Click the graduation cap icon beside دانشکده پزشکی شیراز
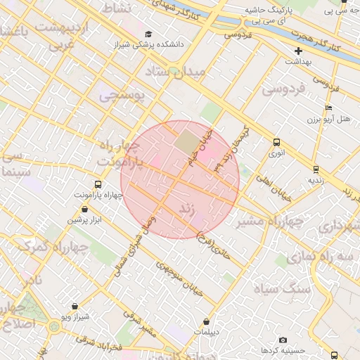tap(148, 34)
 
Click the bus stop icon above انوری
tap(276, 141)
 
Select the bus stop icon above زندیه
tap(316, 169)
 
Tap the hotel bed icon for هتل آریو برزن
tap(328, 108)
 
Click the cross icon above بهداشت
tap(299, 51)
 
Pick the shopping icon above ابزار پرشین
tap(85, 209)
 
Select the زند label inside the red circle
tap(187, 209)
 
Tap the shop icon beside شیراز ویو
tap(75, 307)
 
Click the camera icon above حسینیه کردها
tap(283, 340)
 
